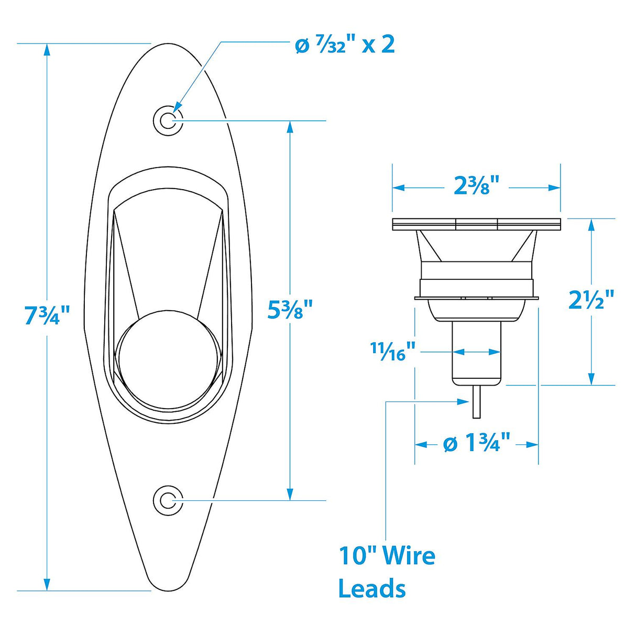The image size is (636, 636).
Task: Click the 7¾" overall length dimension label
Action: (x=47, y=316)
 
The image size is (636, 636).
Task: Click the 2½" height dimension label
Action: (x=591, y=300)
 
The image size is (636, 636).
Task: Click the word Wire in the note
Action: (x=409, y=555)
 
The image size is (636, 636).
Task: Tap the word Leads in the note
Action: (x=372, y=588)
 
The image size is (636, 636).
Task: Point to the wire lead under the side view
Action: (x=476, y=402)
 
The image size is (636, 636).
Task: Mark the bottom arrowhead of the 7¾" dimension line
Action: (x=47, y=584)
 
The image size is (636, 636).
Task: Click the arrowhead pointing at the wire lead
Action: (x=464, y=402)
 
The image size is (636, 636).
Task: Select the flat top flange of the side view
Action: (x=476, y=224)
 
